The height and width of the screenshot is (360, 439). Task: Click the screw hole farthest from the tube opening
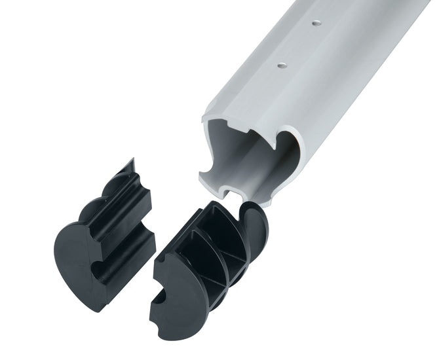point(316,23)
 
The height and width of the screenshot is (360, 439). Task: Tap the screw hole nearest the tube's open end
point(282,64)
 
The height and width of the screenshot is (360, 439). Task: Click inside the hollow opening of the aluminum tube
point(252,157)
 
